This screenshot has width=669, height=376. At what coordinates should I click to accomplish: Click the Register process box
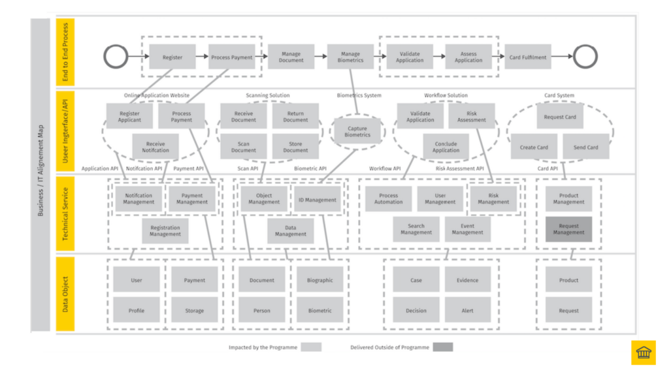point(172,57)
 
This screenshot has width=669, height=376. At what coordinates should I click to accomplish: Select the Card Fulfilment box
point(527,57)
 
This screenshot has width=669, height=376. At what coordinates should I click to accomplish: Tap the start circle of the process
point(116,57)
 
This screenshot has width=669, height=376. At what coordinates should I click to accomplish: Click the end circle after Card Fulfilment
point(585,57)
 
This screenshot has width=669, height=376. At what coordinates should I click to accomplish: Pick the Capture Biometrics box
point(357,132)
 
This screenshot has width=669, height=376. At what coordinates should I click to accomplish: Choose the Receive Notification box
point(155,147)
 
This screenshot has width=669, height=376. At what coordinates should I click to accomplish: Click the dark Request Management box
point(568,229)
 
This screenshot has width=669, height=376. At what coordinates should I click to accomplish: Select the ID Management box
point(317,200)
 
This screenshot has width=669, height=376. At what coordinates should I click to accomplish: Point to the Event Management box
point(467,229)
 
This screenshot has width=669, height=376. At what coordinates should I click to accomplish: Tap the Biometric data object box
point(319,311)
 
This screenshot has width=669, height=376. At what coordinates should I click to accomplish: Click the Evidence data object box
point(467,280)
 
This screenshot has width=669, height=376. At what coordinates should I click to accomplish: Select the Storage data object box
point(194,311)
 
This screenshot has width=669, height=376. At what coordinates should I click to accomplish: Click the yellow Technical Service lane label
point(65,214)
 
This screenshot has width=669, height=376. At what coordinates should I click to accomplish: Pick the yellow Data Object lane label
point(65,293)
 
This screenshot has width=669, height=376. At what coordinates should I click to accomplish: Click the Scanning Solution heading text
point(268,95)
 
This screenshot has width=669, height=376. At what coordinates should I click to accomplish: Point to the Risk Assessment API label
point(460,168)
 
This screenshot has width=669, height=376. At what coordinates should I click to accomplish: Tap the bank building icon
point(643,352)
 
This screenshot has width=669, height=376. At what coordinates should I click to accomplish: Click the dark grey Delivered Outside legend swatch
point(442,347)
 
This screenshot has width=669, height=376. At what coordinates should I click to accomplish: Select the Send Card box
point(585,147)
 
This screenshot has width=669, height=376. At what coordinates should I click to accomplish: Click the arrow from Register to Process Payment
point(202,57)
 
